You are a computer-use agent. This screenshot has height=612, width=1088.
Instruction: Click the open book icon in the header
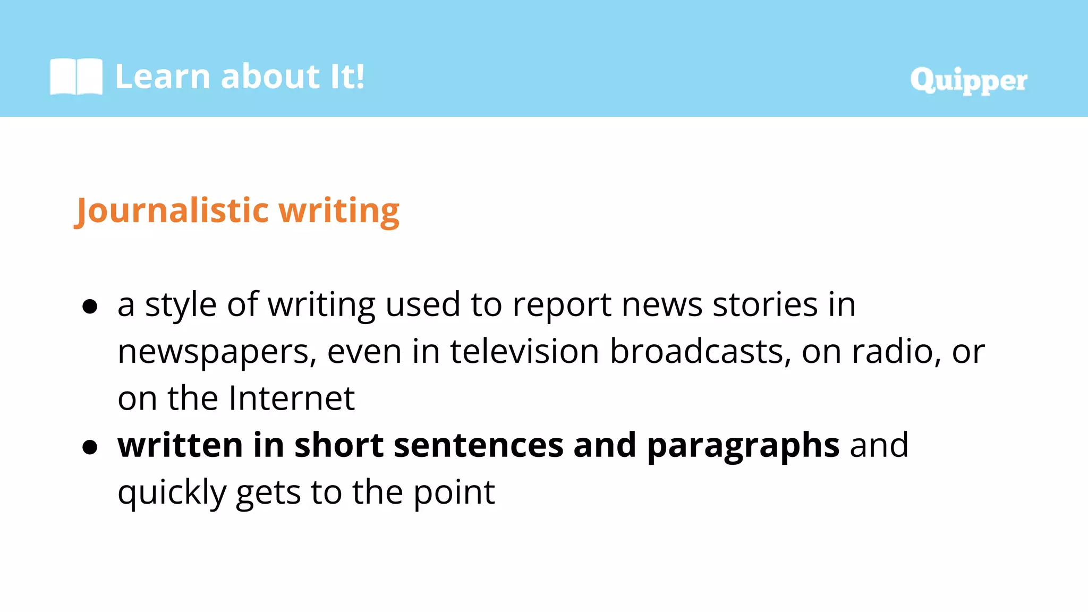click(76, 76)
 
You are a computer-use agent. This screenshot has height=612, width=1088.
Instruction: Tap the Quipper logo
click(968, 80)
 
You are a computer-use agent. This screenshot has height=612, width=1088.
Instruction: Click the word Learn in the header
click(163, 76)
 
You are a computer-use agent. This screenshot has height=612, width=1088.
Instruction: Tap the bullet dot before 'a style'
click(90, 307)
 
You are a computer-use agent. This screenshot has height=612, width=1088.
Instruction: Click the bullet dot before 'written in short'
click(90, 447)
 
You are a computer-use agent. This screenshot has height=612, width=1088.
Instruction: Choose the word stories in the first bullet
click(765, 305)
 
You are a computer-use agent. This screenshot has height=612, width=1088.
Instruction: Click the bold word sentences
click(478, 445)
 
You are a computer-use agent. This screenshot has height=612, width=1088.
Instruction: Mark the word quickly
click(172, 493)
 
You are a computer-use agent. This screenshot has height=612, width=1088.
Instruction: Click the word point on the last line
click(454, 493)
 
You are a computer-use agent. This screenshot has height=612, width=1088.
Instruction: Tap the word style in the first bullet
click(181, 305)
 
